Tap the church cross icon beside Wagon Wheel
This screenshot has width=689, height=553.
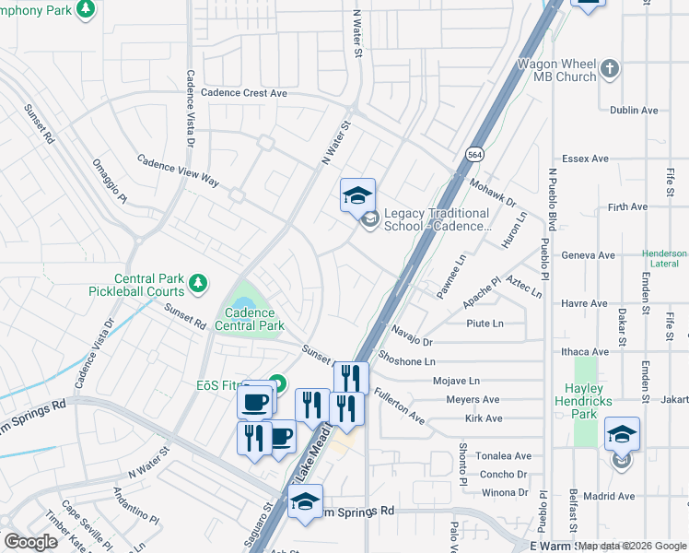coord(609,69)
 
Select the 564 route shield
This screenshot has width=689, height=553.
coord(473,153)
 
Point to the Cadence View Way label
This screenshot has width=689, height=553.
coord(178,171)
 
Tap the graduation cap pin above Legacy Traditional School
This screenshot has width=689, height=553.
coord(357,195)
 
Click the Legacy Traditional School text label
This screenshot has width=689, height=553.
coord(437,220)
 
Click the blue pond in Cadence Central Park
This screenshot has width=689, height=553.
coord(243,303)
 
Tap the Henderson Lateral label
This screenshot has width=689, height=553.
coord(664,259)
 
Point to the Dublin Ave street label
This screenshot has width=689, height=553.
coord(634,110)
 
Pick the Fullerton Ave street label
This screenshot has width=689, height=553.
coord(399,406)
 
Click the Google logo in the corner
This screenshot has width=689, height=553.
coord(30,542)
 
